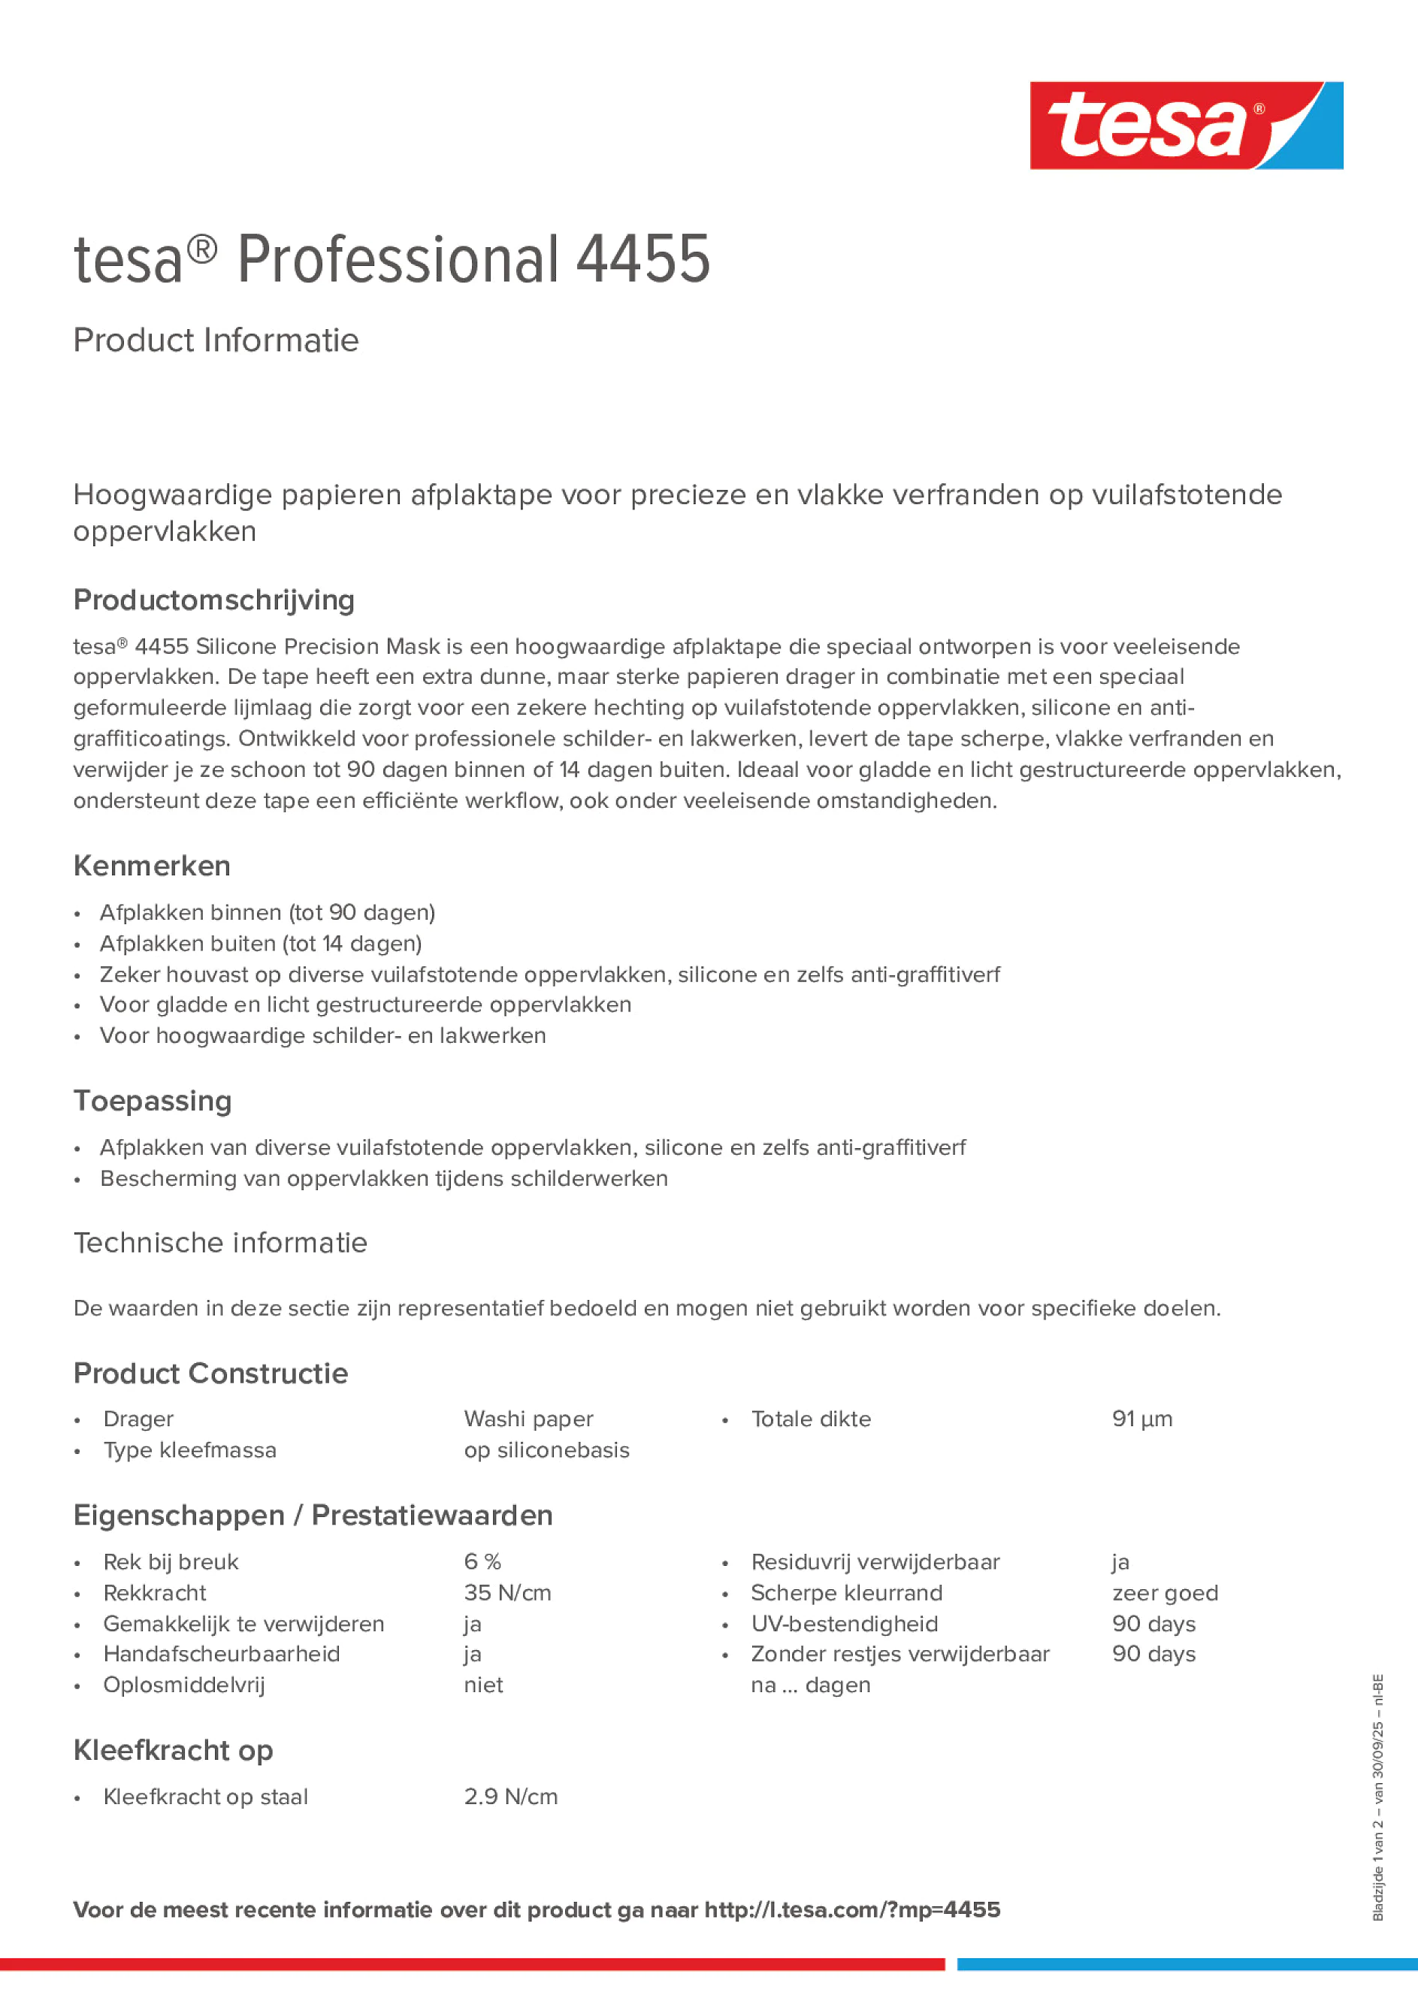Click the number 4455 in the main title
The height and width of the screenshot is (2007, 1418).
[642, 260]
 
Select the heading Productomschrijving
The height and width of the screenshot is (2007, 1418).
[213, 600]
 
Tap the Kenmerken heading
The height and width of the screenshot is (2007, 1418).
[152, 866]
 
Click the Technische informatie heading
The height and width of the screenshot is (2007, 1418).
[220, 1242]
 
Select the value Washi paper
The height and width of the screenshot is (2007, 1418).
[528, 1419]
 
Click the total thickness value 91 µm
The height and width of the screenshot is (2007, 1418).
[1141, 1419]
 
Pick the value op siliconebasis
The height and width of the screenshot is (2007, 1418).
[546, 1450]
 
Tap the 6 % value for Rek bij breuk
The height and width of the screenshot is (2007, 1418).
[482, 1562]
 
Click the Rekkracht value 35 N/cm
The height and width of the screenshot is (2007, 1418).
[507, 1593]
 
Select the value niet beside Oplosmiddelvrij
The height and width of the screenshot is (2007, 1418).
[483, 1685]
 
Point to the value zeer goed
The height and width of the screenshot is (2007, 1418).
[1165, 1593]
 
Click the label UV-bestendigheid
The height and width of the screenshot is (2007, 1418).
[844, 1624]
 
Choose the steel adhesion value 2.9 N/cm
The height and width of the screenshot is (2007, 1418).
[510, 1797]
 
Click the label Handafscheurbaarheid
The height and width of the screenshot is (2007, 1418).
[221, 1654]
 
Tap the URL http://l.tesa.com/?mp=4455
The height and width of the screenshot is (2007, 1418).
[851, 1909]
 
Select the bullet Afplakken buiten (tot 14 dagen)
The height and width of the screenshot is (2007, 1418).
[261, 943]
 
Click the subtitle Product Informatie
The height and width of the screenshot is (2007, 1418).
[216, 340]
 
